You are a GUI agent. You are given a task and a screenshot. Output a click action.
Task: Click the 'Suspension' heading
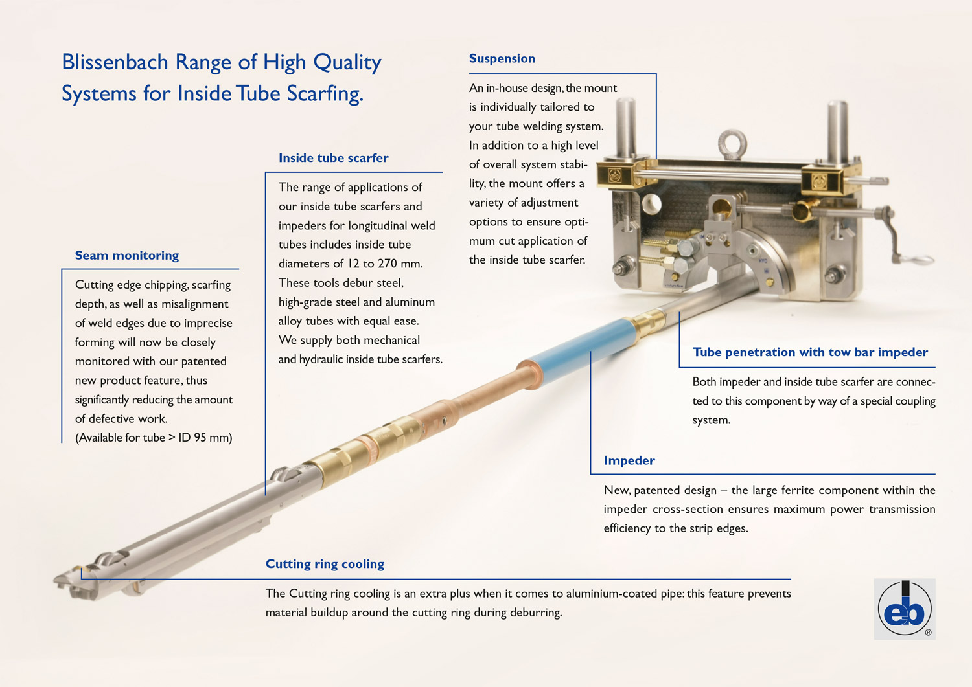(502, 58)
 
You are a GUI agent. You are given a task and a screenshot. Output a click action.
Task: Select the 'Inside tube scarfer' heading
(333, 158)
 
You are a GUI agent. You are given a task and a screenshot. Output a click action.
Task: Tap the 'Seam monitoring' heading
(127, 256)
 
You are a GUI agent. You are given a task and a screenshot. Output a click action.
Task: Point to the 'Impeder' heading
(629, 460)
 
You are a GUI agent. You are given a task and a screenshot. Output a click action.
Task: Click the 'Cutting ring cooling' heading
(325, 564)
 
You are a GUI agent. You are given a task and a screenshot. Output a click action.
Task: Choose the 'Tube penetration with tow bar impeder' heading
(810, 352)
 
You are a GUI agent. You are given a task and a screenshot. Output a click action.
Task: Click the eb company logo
(905, 609)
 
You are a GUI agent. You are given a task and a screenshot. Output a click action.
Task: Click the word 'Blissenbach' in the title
(115, 62)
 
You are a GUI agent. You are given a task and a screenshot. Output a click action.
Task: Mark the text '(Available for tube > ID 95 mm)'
(154, 438)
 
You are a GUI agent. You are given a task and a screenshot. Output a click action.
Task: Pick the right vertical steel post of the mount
(837, 132)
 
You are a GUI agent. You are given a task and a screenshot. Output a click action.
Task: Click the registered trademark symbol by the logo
(928, 633)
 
